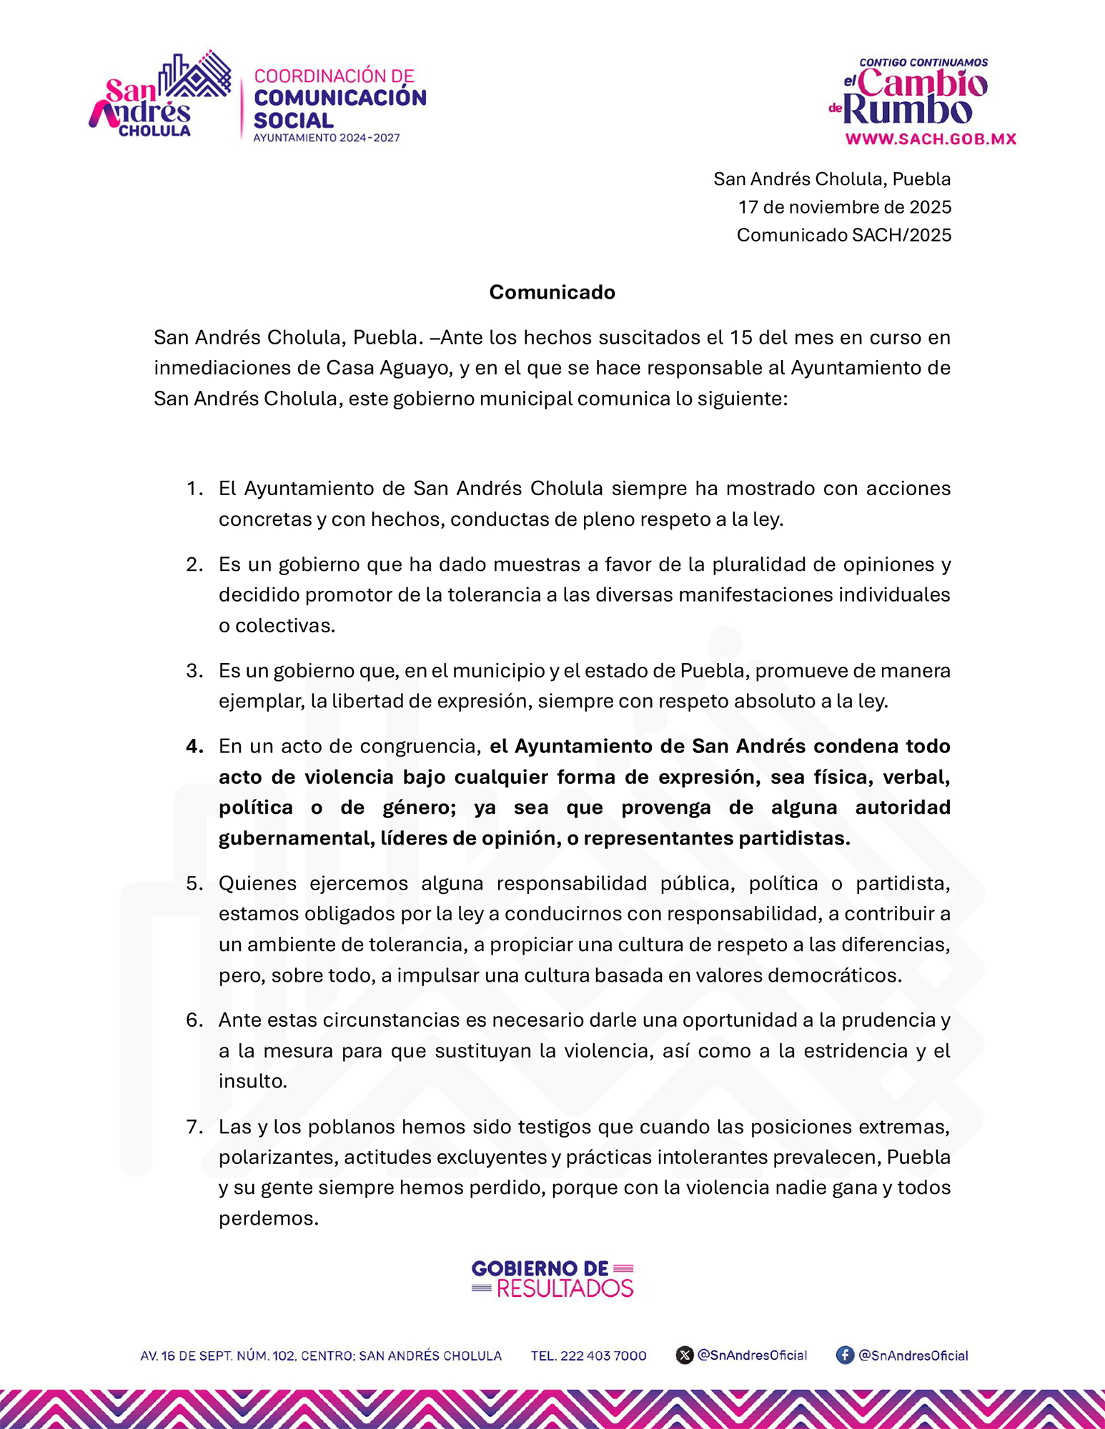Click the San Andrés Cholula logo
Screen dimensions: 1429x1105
[159, 95]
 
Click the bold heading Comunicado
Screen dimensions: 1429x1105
[552, 292]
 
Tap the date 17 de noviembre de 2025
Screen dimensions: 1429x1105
[844, 207]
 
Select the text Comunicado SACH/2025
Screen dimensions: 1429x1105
[843, 235]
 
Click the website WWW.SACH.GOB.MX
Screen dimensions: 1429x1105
[931, 139]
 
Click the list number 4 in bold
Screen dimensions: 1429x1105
[194, 747]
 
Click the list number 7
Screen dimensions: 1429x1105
[194, 1127]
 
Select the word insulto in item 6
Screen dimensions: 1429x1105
[252, 1081]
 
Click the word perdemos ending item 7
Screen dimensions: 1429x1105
[268, 1218]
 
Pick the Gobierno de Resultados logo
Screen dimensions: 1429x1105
[552, 1278]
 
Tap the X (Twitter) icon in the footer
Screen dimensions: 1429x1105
[684, 1355]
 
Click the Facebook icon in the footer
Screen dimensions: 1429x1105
[845, 1355]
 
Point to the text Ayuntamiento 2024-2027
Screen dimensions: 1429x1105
[326, 138]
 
